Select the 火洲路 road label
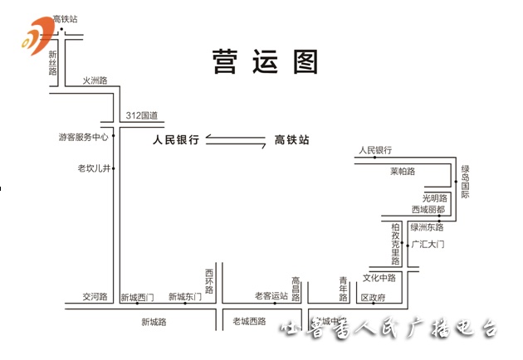coord(95,80)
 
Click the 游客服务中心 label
coord(84,137)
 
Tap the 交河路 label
coord(95,296)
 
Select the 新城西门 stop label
coord(137,297)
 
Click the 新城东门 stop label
coord(184,297)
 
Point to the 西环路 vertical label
coord(209,280)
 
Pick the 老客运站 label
coord(271,296)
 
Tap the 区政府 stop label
coord(373,297)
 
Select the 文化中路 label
coord(379,277)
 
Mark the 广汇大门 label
coord(428,245)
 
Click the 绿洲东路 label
coord(427,226)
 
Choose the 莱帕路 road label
coord(402,172)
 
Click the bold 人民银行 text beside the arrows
coord(176,141)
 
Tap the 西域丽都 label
coord(428,210)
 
